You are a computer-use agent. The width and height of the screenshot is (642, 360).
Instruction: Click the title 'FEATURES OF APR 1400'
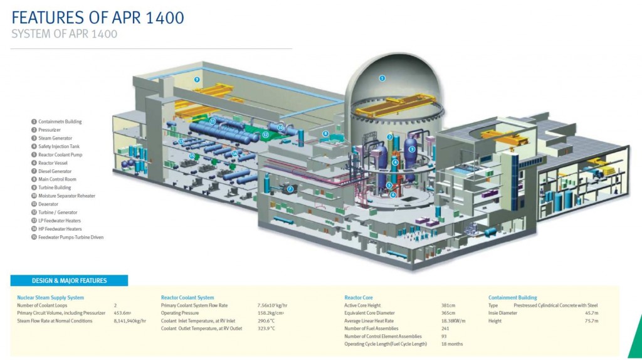98,18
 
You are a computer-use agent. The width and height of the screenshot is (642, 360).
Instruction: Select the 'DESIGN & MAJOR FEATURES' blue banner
70,280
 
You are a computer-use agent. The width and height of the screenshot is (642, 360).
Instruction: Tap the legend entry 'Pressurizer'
50,130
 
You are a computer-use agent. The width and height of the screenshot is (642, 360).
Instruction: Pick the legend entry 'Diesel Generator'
55,171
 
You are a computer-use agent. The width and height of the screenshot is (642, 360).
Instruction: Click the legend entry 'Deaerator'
48,204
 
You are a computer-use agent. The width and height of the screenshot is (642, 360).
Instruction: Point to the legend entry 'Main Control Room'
56,179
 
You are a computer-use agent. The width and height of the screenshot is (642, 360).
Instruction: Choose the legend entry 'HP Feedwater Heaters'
60,229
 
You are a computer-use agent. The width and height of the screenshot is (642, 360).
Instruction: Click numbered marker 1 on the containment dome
382,78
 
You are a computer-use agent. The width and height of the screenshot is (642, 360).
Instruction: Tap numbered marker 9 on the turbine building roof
197,80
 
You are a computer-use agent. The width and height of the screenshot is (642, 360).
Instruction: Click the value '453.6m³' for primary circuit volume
122,313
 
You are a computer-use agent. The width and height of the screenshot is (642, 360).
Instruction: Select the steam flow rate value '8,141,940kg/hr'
130,321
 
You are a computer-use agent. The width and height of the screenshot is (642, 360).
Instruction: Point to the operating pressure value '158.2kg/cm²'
271,313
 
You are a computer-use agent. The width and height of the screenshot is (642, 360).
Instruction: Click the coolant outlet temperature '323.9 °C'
266,329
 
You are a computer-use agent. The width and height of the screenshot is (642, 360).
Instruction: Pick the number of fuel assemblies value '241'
446,329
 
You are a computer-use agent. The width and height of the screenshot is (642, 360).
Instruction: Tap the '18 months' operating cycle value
451,344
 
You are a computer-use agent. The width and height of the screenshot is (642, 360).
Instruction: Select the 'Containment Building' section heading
513,297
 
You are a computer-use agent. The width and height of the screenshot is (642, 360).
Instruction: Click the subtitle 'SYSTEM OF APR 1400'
65,34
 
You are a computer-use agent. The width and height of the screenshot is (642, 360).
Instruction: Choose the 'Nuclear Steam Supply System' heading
50,297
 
